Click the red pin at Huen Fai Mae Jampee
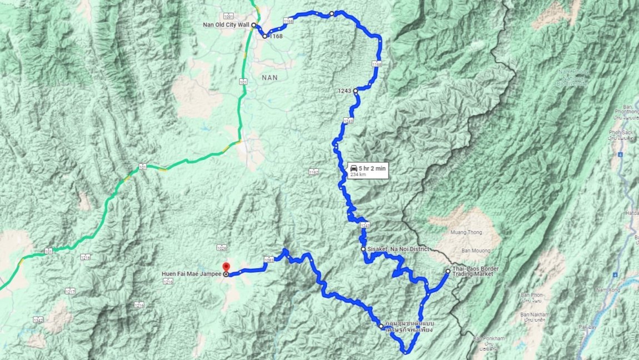(x=226, y=267)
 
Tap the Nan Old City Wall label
(x=234, y=25)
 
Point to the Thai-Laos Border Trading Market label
(x=475, y=271)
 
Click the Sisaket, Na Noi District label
(x=398, y=249)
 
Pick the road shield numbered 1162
(x=314, y=172)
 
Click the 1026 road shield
(x=222, y=248)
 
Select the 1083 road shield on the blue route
(x=269, y=260)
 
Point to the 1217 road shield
(x=70, y=291)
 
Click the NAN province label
(x=270, y=78)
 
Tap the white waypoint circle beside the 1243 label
(x=355, y=90)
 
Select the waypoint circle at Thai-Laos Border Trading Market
(x=448, y=271)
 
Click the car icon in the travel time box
(x=353, y=167)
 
